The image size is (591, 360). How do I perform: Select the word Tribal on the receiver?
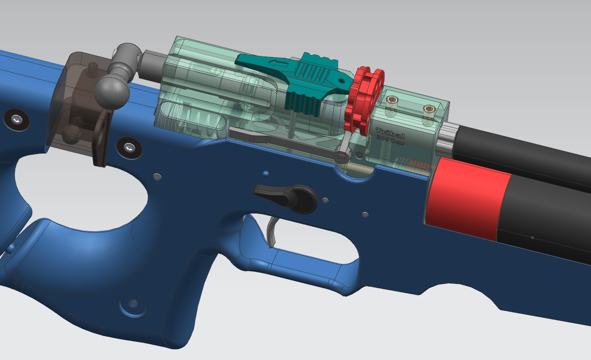(390, 132)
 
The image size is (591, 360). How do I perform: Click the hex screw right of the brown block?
(129, 148)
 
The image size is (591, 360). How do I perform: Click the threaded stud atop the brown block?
(92, 69)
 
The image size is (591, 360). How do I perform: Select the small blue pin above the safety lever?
(265, 173)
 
